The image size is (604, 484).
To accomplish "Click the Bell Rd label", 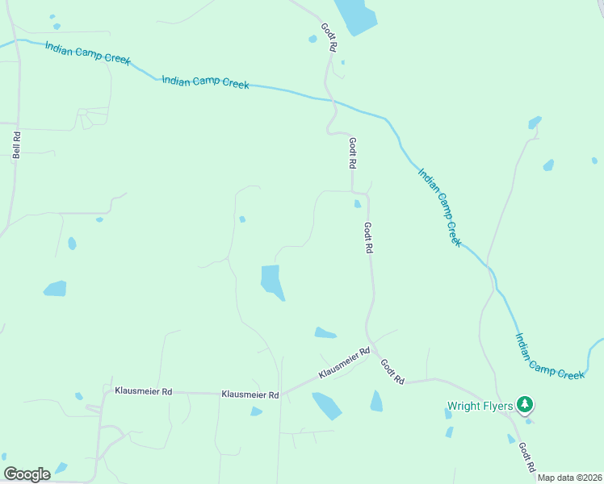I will click(x=15, y=145).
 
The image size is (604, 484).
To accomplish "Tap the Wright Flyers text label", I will click(x=480, y=406).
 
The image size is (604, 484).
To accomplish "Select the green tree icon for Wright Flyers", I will click(x=525, y=404).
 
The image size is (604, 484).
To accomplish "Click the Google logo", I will click(x=27, y=474).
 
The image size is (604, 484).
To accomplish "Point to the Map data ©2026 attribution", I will click(x=568, y=478).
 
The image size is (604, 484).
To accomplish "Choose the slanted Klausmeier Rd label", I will click(x=344, y=364).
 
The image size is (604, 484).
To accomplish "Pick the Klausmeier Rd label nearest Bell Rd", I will click(x=144, y=391).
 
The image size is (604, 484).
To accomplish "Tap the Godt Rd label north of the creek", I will click(x=328, y=37).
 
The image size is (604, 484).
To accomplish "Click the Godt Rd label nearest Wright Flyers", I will click(x=526, y=457).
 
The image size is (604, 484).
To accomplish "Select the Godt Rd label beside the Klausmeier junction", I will click(x=392, y=371).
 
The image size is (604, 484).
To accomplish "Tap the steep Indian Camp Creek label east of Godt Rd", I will click(x=440, y=207).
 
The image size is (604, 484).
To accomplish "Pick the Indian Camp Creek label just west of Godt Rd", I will click(x=205, y=82).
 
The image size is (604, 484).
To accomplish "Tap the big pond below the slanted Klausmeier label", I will click(x=327, y=405).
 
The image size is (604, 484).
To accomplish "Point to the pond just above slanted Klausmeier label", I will click(x=325, y=332).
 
